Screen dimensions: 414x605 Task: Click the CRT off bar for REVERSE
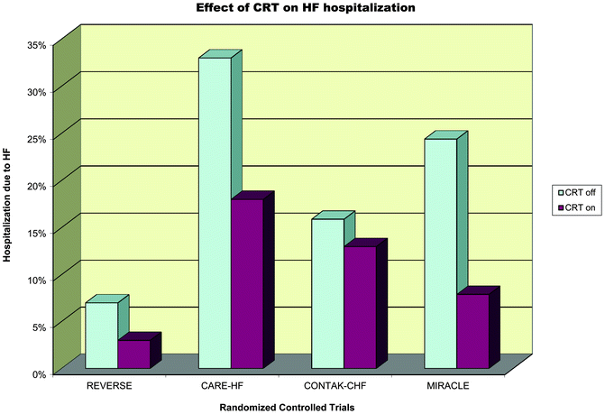click(101, 335)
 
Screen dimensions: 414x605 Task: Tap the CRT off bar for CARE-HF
click(215, 213)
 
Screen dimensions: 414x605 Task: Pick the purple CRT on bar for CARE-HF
click(246, 283)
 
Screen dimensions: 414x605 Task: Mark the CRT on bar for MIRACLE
click(472, 331)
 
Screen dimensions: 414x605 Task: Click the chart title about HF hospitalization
click(303, 9)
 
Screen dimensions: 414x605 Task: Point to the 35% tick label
click(35, 43)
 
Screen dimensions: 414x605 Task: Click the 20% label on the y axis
click(35, 184)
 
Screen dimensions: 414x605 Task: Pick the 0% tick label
click(38, 373)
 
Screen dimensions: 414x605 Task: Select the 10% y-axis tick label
click(35, 279)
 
